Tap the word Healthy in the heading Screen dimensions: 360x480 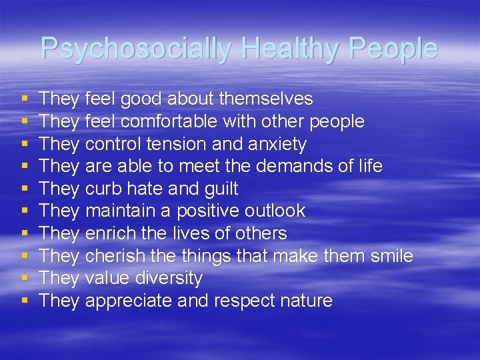coord(279,49)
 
